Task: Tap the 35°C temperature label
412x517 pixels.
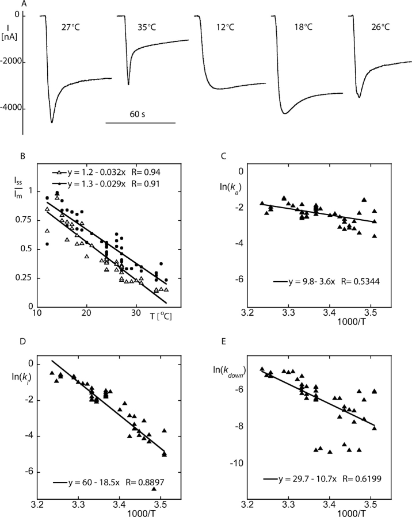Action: [x=150, y=26]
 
